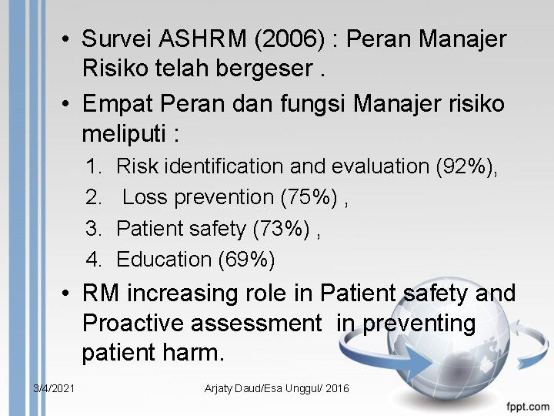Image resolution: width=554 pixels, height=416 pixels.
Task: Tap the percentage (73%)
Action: (287, 229)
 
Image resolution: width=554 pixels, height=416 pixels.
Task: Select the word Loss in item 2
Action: (145, 197)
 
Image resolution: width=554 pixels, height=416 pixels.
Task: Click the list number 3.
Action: (94, 229)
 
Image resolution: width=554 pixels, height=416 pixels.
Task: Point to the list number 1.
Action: (94, 166)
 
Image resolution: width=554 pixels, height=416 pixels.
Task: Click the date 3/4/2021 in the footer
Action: (54, 388)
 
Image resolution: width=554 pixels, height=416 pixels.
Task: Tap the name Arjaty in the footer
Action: (221, 388)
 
